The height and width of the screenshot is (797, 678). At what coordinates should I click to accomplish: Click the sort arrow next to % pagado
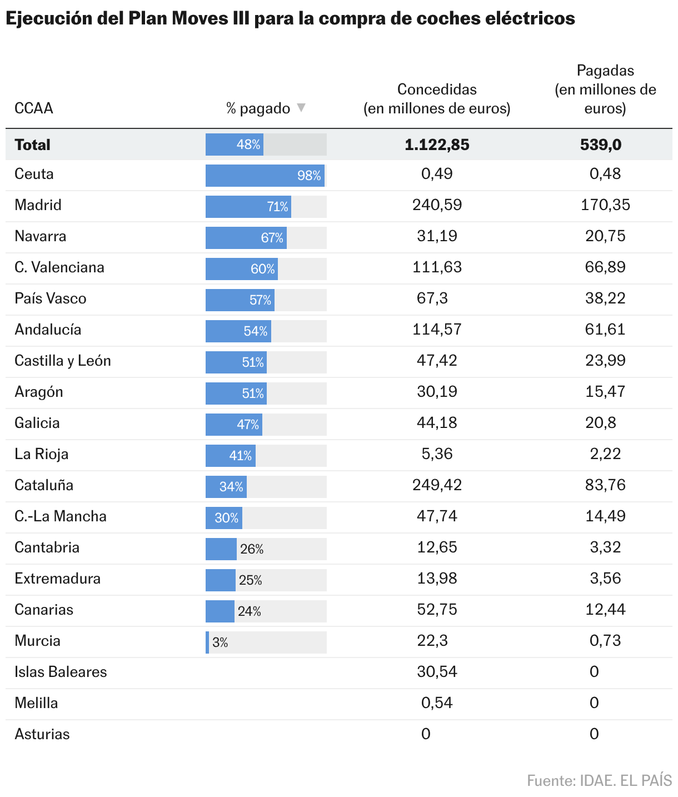[x=301, y=107]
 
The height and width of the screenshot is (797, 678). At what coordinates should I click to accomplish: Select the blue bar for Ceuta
[x=265, y=176]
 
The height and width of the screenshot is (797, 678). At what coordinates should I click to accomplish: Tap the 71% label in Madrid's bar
[x=277, y=207]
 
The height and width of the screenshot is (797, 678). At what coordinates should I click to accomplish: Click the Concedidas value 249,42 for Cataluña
[x=437, y=485]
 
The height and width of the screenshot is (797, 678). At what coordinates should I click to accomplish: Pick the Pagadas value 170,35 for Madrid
[x=605, y=205]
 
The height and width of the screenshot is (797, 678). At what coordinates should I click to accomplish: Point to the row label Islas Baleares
[x=61, y=672]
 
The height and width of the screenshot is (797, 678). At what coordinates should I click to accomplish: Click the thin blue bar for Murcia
[x=207, y=642]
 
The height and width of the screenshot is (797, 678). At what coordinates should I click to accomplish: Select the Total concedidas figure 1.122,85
[x=437, y=145]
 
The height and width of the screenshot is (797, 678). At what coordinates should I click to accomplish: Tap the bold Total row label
[x=33, y=145]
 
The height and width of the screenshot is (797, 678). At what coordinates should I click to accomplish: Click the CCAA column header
[x=34, y=108]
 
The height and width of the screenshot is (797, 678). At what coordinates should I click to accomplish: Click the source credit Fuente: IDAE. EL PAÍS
[x=599, y=780]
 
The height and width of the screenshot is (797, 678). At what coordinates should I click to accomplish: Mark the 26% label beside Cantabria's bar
[x=252, y=549]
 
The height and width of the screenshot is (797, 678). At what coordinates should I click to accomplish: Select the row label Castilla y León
[x=63, y=361]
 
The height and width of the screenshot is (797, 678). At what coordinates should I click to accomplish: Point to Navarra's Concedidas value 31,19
[x=437, y=236]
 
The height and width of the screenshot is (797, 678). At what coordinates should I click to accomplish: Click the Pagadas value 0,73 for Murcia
[x=605, y=641]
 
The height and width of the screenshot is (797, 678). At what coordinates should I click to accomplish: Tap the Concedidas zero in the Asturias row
[x=426, y=734]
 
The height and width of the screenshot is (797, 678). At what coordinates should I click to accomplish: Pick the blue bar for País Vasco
[x=240, y=300]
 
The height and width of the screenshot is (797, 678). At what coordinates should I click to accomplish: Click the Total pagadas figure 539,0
[x=601, y=145]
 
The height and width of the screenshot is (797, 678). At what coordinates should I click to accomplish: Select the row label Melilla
[x=36, y=703]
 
